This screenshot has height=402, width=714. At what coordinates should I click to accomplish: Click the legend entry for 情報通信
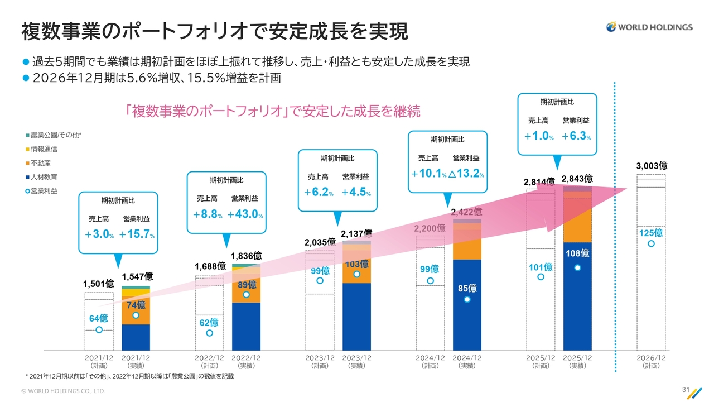44,149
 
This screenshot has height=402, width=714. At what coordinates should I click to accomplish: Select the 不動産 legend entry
41,163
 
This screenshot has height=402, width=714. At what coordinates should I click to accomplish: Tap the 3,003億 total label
652,166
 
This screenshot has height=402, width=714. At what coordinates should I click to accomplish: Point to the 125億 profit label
651,233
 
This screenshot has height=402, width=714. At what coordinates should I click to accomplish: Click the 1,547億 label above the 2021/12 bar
137,276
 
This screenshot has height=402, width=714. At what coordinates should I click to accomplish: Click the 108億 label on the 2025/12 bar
577,253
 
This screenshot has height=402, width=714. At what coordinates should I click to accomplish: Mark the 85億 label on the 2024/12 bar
467,288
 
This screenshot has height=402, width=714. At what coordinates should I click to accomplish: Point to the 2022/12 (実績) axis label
246,362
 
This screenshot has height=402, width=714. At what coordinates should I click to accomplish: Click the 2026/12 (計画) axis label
651,362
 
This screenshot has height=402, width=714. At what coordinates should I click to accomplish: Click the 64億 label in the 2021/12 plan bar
99,318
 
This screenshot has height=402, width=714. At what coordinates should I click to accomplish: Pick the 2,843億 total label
577,179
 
